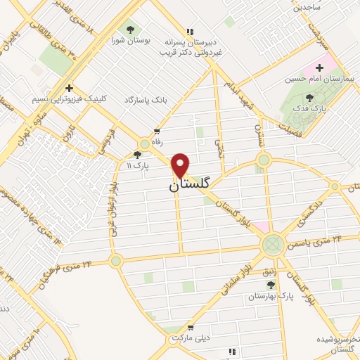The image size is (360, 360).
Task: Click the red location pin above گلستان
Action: [x=181, y=165]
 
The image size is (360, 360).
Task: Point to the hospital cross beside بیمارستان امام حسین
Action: [x=320, y=68]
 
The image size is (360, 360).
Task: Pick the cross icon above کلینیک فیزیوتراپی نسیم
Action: [x=69, y=89]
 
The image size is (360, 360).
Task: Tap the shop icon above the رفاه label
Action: [x=156, y=131]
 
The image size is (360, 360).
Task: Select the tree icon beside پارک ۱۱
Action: [x=137, y=155]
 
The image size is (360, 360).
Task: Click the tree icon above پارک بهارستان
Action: [x=271, y=284]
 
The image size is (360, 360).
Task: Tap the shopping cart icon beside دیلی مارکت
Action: [x=191, y=328]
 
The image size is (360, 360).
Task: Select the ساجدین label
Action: [x=307, y=8]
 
